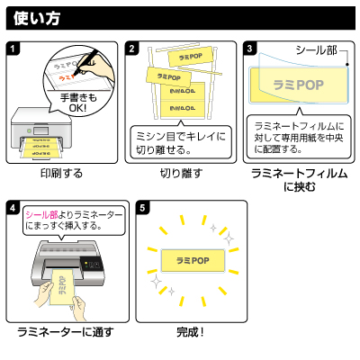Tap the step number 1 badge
click(x=13, y=49)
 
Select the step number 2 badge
click(x=132, y=49)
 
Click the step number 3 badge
click(x=250, y=49)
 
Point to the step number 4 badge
click(x=13, y=208)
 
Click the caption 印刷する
click(x=62, y=172)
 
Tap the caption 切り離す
click(x=181, y=172)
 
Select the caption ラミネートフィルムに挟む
click(x=298, y=179)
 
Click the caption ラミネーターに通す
click(x=66, y=332)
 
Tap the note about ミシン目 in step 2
click(x=181, y=142)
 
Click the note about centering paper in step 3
click(x=298, y=136)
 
